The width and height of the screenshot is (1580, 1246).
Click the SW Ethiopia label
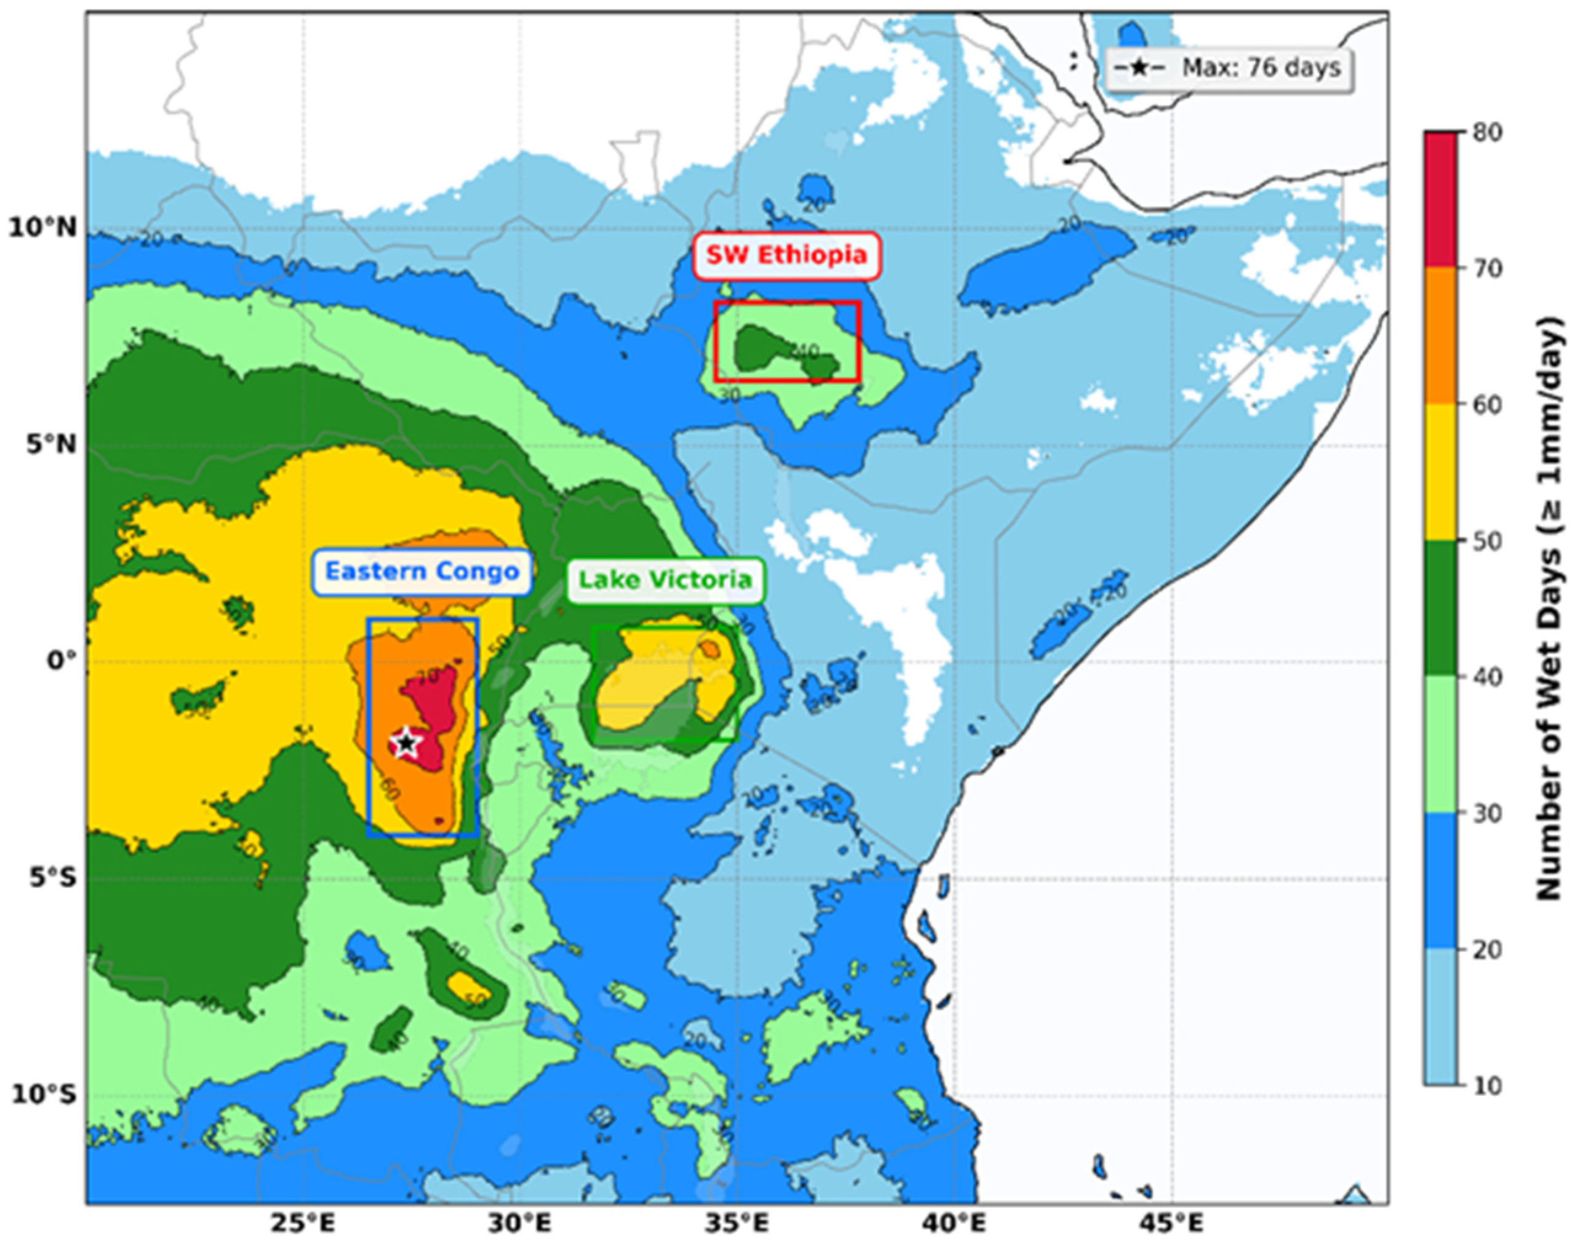tap(786, 256)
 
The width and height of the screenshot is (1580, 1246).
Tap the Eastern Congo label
tap(421, 571)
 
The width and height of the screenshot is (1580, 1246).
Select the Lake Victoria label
tap(664, 581)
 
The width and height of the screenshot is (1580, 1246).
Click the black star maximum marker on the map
tap(406, 743)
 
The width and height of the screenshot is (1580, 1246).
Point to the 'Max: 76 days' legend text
tap(1261, 68)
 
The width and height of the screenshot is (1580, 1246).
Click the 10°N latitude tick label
tap(42, 228)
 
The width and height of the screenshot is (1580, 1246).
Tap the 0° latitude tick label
tap(62, 661)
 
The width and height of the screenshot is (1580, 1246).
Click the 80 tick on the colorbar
tap(1485, 134)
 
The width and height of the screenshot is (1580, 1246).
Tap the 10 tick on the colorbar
tap(1485, 1085)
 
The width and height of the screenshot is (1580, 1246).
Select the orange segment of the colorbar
tap(1441, 335)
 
